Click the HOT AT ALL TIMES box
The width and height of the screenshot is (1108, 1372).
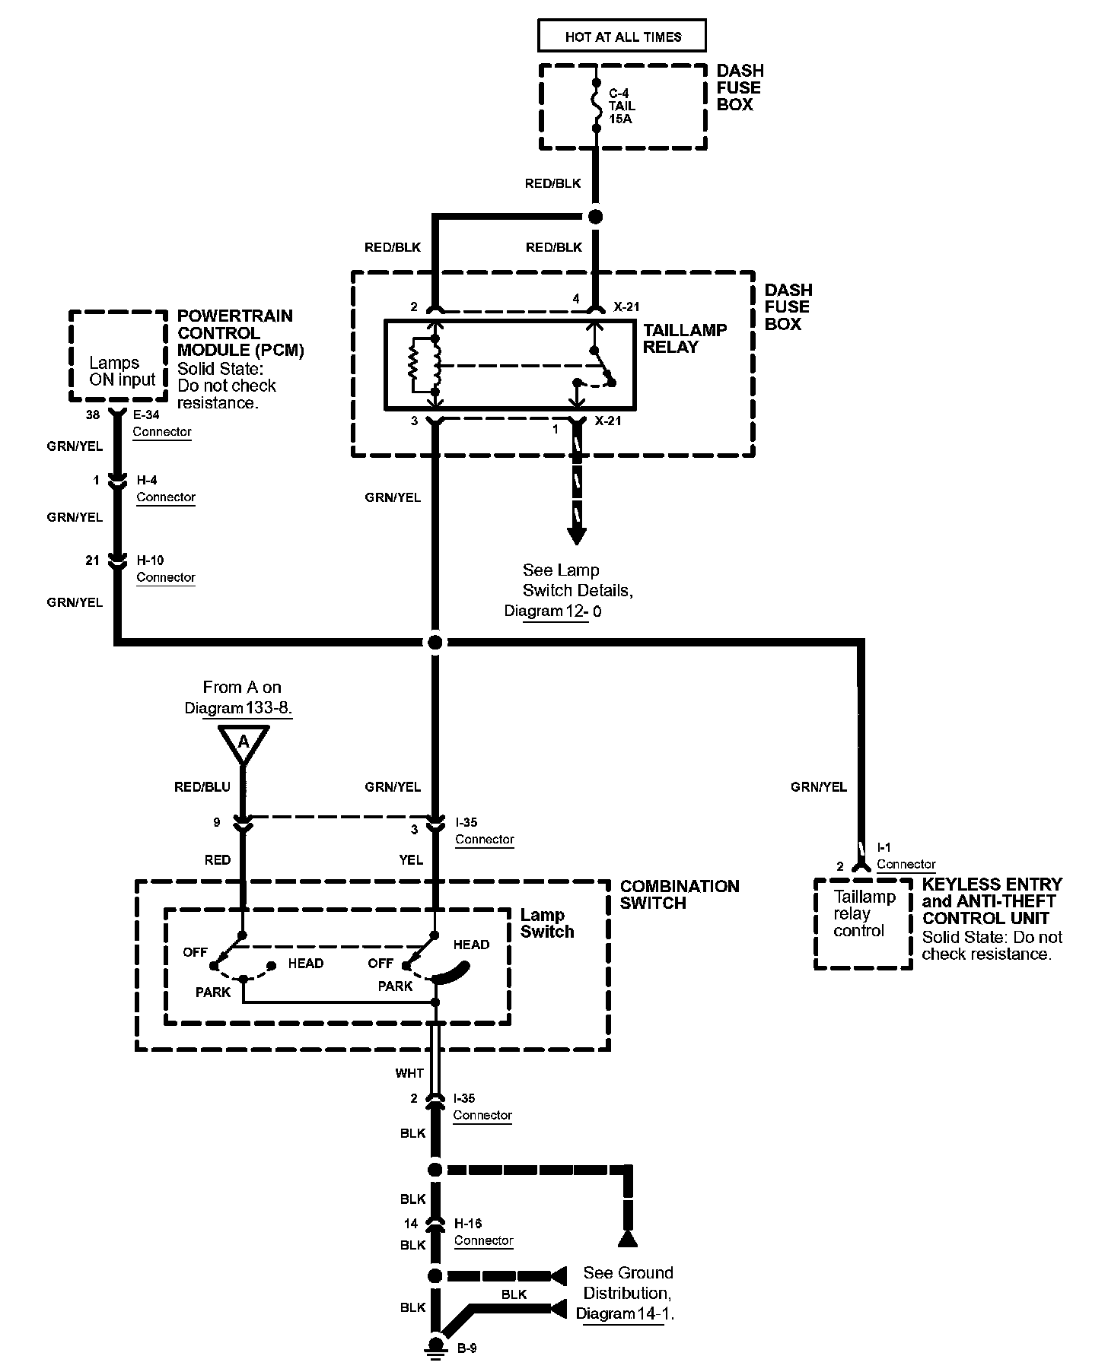coord(622,36)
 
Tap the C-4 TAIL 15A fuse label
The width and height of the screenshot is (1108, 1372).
coord(622,106)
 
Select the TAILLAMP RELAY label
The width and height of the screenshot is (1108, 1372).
coord(684,338)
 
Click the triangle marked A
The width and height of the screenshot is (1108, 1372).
coord(244,742)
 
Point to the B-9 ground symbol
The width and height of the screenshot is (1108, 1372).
coord(436,1348)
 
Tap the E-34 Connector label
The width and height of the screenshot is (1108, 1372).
coord(161,424)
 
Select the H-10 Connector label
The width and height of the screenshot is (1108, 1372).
coord(165,569)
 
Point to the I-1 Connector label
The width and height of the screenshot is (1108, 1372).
coord(905,856)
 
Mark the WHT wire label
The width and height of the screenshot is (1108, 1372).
coord(409,1073)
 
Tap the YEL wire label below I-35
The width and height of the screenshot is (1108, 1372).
coord(411,859)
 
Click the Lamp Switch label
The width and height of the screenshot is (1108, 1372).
coord(546,923)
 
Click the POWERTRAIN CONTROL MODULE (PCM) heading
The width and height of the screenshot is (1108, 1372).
coord(240,332)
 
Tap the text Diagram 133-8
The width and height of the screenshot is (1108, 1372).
coord(238,707)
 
